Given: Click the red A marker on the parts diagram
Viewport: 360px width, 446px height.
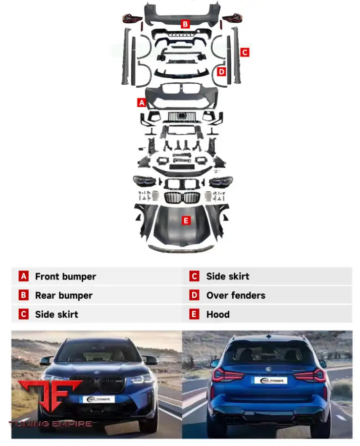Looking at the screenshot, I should (x=142, y=103).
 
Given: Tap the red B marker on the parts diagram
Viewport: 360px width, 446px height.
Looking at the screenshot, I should (x=185, y=23).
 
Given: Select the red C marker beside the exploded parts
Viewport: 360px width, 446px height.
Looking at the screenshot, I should (x=245, y=52).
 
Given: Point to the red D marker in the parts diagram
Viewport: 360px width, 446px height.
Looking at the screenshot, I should (x=222, y=72).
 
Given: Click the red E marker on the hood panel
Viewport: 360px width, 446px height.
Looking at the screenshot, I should (x=186, y=221).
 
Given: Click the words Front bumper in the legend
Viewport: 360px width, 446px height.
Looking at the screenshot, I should (x=65, y=277).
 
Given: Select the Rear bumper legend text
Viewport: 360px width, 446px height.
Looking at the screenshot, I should (x=63, y=295).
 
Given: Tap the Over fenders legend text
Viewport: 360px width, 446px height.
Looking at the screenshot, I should (x=236, y=295).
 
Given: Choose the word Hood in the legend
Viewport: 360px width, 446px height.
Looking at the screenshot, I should (x=218, y=314).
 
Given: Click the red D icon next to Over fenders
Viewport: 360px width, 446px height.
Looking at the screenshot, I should (x=195, y=295).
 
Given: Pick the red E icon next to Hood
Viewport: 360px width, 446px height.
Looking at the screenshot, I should (x=195, y=314).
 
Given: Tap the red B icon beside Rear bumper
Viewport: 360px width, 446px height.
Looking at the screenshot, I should (x=23, y=295).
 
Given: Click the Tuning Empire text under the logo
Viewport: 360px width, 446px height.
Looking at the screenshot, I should (x=50, y=424).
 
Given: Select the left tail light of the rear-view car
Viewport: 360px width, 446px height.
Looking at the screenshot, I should (x=226, y=375).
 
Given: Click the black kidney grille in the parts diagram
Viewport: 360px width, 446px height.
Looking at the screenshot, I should (x=184, y=197).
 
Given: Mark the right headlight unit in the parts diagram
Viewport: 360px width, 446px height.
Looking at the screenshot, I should (x=221, y=182).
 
